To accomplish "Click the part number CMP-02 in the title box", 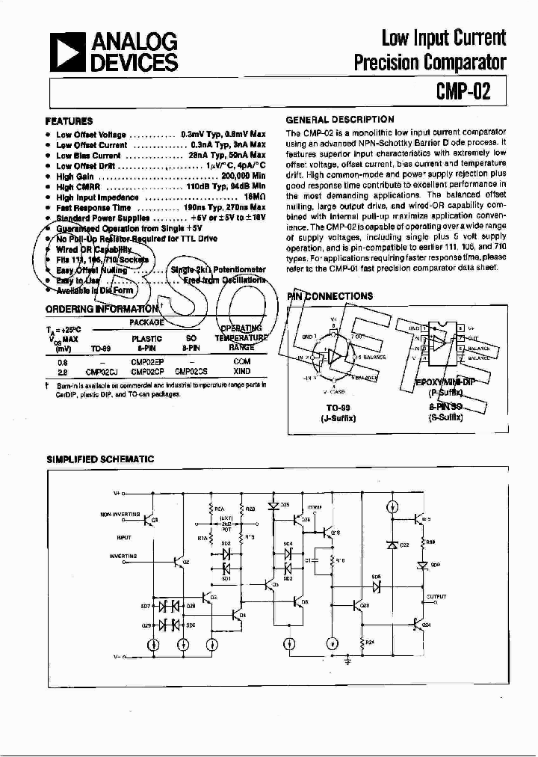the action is (x=463, y=91).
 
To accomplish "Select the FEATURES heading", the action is (x=69, y=120).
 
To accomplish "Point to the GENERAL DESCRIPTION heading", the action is (x=340, y=120).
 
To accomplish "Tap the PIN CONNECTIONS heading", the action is (x=330, y=296).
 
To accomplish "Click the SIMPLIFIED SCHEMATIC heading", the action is (x=100, y=459).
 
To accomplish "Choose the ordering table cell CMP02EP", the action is (x=148, y=361).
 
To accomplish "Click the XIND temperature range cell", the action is (x=242, y=370).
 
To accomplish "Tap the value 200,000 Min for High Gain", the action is (x=238, y=176).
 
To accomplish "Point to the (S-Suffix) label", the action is (x=445, y=418).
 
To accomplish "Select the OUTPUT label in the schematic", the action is (x=436, y=597).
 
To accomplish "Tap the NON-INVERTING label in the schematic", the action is (x=119, y=515).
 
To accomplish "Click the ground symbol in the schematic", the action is (x=348, y=660).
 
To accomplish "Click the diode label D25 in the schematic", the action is (x=285, y=505).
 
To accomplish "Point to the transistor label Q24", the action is (x=426, y=623).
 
